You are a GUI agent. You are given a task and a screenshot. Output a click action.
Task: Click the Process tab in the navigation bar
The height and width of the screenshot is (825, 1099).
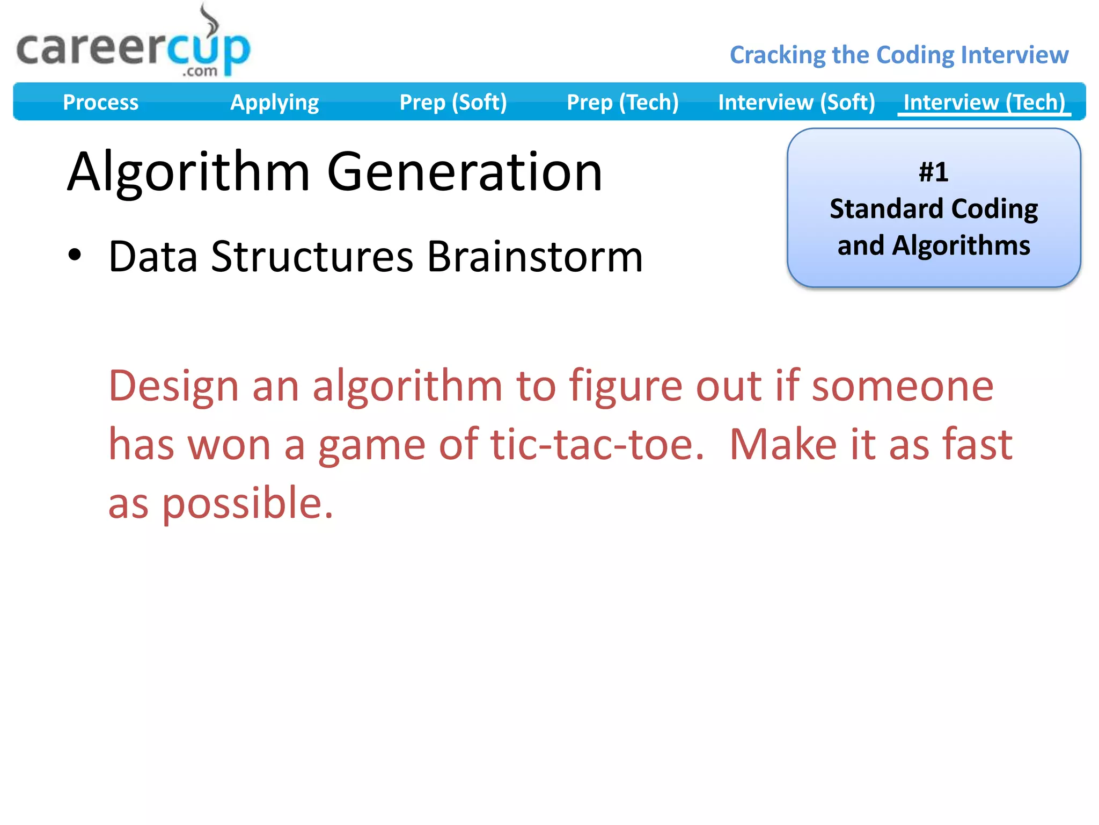tap(100, 102)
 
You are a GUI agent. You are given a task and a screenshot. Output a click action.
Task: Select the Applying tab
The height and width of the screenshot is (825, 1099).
tap(274, 102)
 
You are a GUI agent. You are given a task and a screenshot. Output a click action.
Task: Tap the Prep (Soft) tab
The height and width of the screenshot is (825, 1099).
tap(453, 102)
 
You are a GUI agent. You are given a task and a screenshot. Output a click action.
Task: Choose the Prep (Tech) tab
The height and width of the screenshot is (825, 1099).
tap(622, 102)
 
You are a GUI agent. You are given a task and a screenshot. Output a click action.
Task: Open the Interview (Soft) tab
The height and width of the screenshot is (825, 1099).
tap(796, 102)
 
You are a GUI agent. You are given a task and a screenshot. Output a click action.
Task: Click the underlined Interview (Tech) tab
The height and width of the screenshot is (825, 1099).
tap(984, 102)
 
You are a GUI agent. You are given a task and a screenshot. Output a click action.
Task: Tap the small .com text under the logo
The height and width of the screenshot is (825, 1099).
tap(200, 71)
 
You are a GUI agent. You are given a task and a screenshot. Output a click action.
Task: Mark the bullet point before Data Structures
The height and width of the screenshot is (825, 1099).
tap(75, 256)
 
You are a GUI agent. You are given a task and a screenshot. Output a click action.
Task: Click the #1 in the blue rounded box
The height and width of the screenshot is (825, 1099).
tap(933, 172)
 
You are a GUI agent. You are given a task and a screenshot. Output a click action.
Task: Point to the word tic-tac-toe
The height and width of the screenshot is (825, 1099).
tap(597, 445)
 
